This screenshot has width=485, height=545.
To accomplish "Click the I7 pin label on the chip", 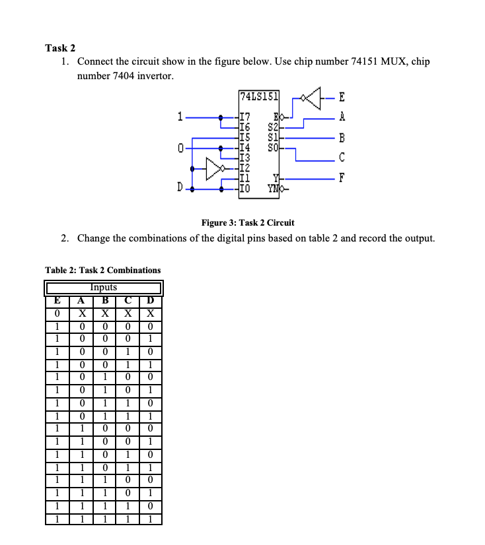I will click(x=244, y=117).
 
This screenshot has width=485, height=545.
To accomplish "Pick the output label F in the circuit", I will click(x=341, y=178).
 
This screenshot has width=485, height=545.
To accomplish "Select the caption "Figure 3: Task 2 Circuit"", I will click(x=248, y=222).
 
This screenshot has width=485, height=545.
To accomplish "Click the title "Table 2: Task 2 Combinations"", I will click(x=102, y=270).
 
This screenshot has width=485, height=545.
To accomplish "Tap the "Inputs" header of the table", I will click(x=104, y=287).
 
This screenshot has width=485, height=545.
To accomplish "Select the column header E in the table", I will click(x=57, y=302).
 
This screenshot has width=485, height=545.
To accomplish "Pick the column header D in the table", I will click(x=151, y=302).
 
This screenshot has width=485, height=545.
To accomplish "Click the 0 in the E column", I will click(x=57, y=313).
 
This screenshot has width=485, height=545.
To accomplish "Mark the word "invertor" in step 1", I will click(x=155, y=76).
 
